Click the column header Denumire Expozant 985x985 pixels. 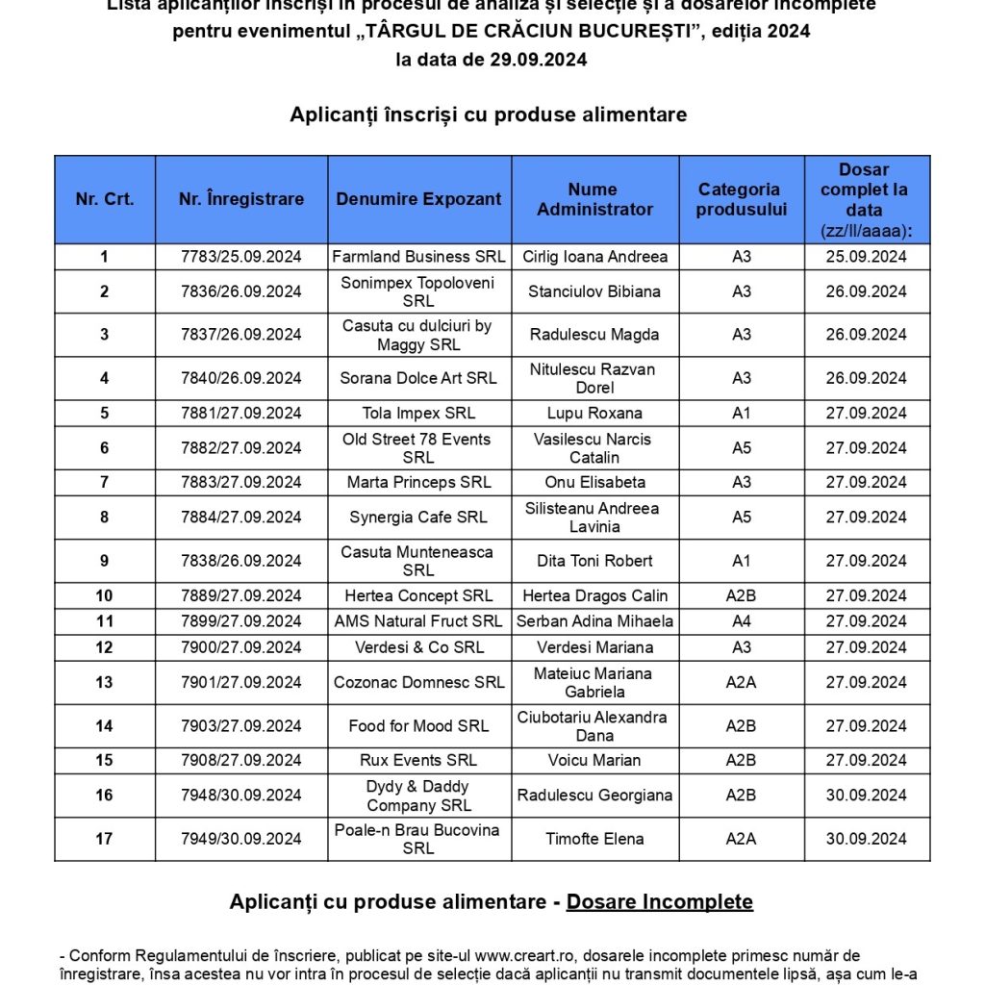click(418, 199)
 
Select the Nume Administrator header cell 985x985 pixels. click(594, 199)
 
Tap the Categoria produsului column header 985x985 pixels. click(741, 199)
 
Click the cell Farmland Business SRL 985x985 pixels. click(418, 257)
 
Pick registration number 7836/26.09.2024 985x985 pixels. click(240, 291)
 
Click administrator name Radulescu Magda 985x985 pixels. click(594, 335)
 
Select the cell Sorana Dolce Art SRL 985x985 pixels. click(418, 378)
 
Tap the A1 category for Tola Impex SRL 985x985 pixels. click(741, 414)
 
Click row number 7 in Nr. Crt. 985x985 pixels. click(104, 482)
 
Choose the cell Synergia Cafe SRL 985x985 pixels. click(418, 518)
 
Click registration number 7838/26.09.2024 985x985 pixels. click(240, 561)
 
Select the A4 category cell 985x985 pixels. click(741, 621)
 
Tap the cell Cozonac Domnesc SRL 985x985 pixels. click(418, 682)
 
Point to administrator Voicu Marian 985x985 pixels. click(594, 760)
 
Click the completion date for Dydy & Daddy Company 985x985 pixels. click(866, 796)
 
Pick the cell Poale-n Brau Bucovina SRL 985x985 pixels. click(418, 839)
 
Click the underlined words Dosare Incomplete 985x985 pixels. click(659, 901)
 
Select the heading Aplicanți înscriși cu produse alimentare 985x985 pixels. click(488, 114)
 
